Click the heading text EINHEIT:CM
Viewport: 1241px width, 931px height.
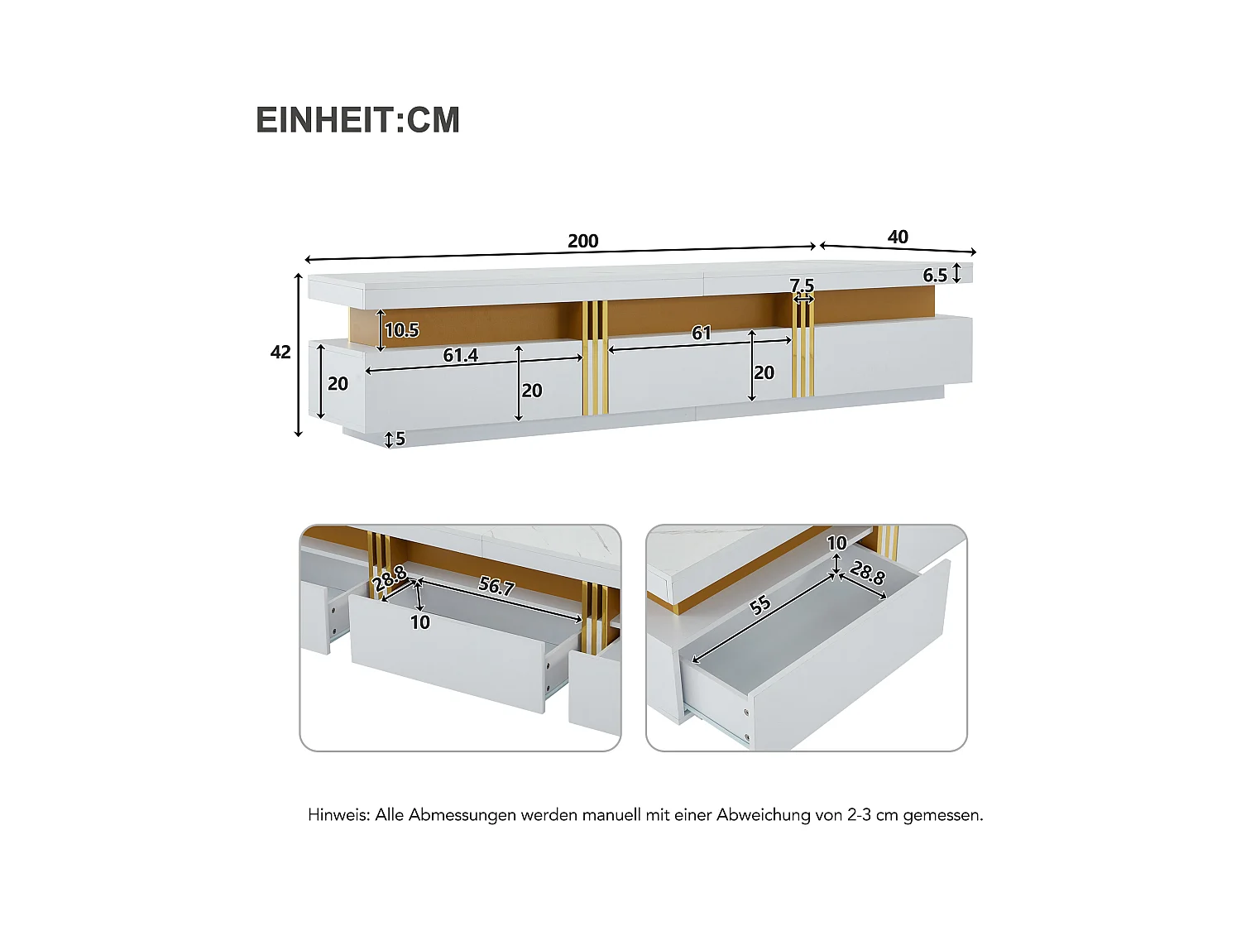click(357, 121)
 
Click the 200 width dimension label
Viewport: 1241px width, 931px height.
click(582, 241)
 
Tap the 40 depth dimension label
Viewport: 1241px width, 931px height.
click(898, 238)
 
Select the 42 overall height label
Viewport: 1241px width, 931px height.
click(280, 353)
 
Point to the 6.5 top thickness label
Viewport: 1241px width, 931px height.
click(935, 276)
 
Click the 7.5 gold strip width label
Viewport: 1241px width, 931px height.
click(802, 286)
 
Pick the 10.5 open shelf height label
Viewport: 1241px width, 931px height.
click(402, 330)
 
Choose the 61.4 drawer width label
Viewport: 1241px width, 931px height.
click(460, 355)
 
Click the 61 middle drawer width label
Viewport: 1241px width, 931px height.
click(701, 333)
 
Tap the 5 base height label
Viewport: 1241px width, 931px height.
click(400, 439)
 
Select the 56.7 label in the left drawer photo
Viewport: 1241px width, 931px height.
click(496, 586)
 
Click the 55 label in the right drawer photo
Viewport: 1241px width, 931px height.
click(759, 605)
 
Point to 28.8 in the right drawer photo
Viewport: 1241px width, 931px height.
click(867, 573)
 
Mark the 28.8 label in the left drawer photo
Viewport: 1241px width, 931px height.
click(389, 577)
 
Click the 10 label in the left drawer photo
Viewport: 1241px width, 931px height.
click(420, 622)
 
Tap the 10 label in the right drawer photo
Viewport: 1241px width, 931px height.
click(836, 543)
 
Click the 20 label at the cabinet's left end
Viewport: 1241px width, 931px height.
click(338, 384)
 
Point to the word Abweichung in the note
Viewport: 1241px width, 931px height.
click(763, 815)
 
